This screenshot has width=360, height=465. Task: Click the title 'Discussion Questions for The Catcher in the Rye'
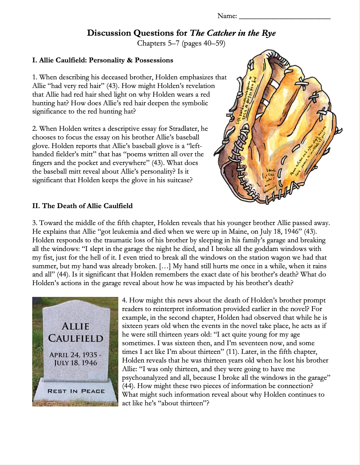(x=181, y=33)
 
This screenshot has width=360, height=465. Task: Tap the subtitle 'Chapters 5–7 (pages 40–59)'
(x=181, y=43)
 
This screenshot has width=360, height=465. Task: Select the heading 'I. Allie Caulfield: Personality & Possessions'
(x=103, y=60)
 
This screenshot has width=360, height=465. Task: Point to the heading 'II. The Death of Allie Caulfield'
(x=83, y=206)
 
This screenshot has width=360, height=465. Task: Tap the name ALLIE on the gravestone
(x=75, y=326)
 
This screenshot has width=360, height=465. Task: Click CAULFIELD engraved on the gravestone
(x=75, y=339)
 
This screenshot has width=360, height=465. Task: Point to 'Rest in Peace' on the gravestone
(x=76, y=391)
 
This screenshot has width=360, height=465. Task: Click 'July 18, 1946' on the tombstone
(x=76, y=363)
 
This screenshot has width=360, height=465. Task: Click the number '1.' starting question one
(x=35, y=77)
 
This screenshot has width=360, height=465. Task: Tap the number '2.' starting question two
(x=35, y=129)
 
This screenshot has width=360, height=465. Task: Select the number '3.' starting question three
(x=35, y=223)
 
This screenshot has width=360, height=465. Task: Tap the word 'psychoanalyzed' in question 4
(x=145, y=378)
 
